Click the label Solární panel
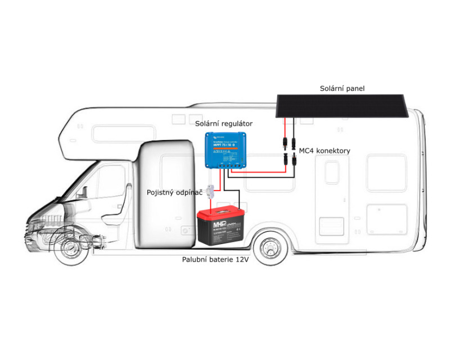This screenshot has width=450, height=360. pyautogui.click(x=343, y=88)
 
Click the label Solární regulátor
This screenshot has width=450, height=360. pyautogui.click(x=224, y=123)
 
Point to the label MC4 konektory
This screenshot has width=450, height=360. pyautogui.click(x=325, y=151)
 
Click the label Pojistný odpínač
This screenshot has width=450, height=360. pyautogui.click(x=174, y=192)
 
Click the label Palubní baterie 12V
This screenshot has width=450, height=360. pyautogui.click(x=215, y=259)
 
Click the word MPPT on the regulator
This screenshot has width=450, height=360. pyautogui.click(x=217, y=146)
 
